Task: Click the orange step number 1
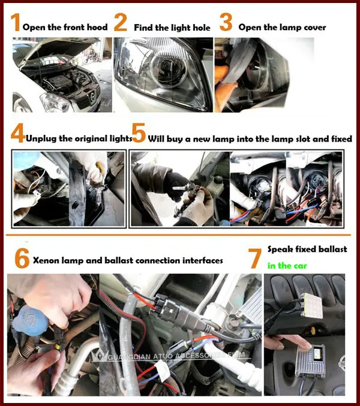click(x=16, y=22)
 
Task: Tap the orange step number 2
click(x=121, y=22)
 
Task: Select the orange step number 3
click(x=226, y=22)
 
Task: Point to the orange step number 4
click(x=18, y=133)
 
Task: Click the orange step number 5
click(x=139, y=133)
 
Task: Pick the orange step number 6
click(x=22, y=258)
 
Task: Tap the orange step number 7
click(x=256, y=258)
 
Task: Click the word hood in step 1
click(x=97, y=27)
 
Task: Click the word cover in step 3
click(x=314, y=28)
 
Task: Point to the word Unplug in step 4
click(x=41, y=139)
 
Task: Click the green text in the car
click(x=287, y=266)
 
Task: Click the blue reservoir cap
click(x=30, y=321)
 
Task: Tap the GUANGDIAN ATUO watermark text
click(x=176, y=356)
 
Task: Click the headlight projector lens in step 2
click(x=169, y=70)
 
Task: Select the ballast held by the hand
click(x=310, y=360)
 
